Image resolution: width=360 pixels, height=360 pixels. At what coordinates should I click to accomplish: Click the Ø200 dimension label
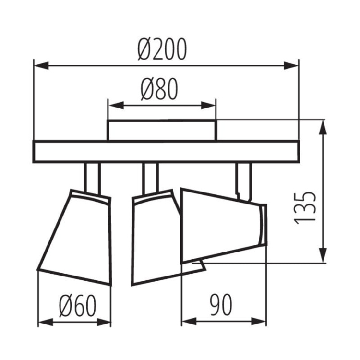pos(161,49)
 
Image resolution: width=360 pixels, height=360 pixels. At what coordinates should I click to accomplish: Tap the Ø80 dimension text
pos(160,89)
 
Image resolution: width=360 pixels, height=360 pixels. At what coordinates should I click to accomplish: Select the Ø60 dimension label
pos(77,304)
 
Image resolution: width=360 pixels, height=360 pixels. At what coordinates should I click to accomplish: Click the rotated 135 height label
pos(305,207)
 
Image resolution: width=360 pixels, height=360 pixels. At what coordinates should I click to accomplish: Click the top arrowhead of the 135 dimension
pos(324,126)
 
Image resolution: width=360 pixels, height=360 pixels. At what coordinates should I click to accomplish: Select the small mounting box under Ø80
pos(161,131)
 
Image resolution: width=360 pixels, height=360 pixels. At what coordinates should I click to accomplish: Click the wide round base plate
pos(166,152)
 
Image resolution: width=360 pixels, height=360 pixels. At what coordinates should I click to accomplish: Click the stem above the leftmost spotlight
pos(92,176)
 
